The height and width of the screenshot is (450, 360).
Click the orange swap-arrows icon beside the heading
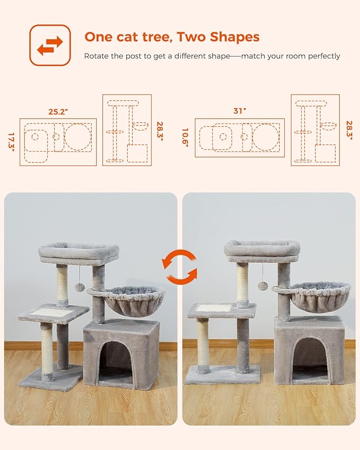[x=49, y=45]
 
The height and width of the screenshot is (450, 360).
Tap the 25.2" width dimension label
[x=58, y=112]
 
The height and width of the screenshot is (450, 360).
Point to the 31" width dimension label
[x=240, y=111]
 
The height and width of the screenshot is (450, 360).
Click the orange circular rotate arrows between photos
[x=180, y=268]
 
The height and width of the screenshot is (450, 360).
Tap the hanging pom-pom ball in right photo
[x=262, y=286]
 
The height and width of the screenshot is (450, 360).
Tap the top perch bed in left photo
[x=79, y=252]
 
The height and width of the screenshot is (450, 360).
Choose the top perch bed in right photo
[x=262, y=250]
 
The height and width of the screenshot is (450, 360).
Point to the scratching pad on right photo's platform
[x=214, y=307]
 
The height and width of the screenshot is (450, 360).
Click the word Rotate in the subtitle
[x=96, y=56]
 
